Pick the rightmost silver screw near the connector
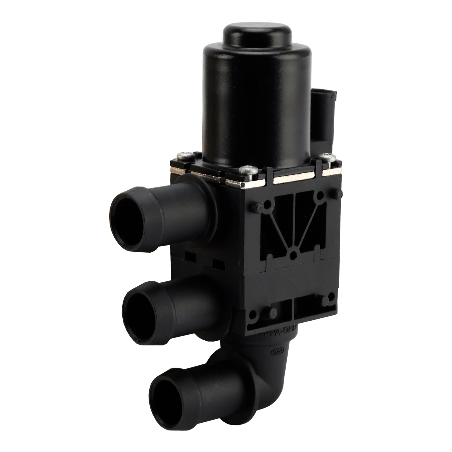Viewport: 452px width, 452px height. tap(328, 155)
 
